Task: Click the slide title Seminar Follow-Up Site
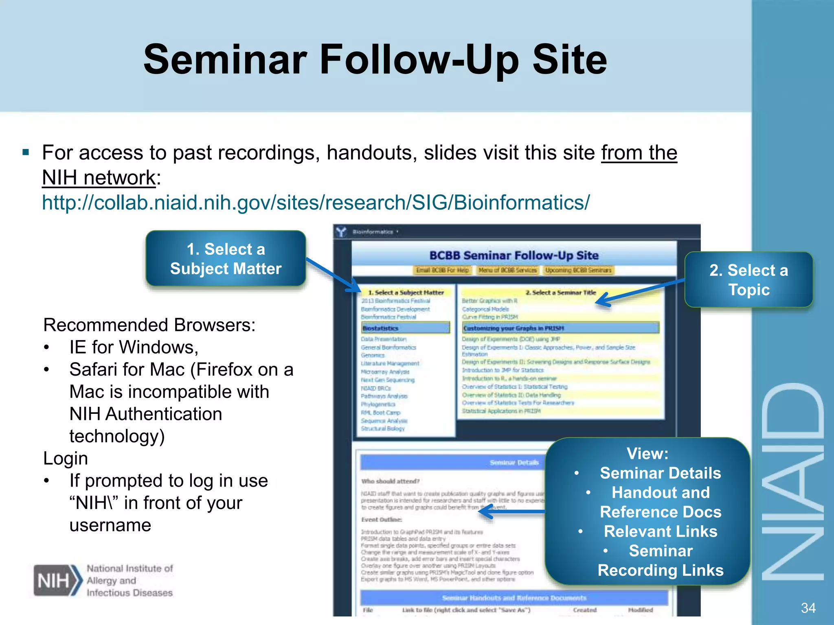tap(375, 60)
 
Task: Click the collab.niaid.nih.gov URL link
tap(316, 202)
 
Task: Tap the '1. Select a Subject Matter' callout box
tap(226, 259)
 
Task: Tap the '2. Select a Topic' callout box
tap(748, 280)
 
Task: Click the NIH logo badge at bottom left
tap(57, 580)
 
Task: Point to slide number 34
tap(808, 608)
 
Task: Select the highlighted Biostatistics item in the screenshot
tap(406, 328)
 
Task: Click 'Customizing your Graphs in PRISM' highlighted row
tap(560, 328)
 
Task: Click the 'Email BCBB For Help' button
tap(442, 270)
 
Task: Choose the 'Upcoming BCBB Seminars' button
tap(578, 270)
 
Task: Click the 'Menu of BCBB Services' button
tap(507, 270)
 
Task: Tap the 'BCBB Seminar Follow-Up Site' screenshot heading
tap(514, 256)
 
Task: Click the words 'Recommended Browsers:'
tap(149, 325)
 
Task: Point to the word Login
tap(66, 459)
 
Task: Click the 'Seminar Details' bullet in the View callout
tap(660, 473)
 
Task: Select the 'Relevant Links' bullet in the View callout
tap(660, 531)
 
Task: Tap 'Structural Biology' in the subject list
tap(383, 428)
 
